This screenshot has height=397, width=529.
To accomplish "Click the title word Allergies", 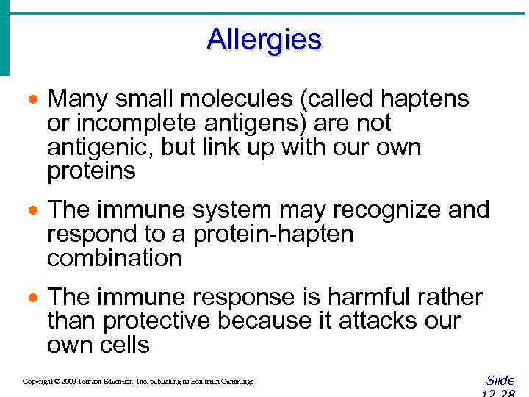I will (264, 39).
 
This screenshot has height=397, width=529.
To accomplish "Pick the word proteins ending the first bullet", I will (91, 172).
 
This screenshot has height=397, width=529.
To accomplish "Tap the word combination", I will (114, 259).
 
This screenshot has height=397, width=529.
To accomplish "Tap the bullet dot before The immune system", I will (32, 211).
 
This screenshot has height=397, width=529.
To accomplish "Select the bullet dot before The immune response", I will (32, 298).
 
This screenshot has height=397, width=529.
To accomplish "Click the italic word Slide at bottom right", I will (500, 380).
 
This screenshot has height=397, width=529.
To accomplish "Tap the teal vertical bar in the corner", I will (4, 37).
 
